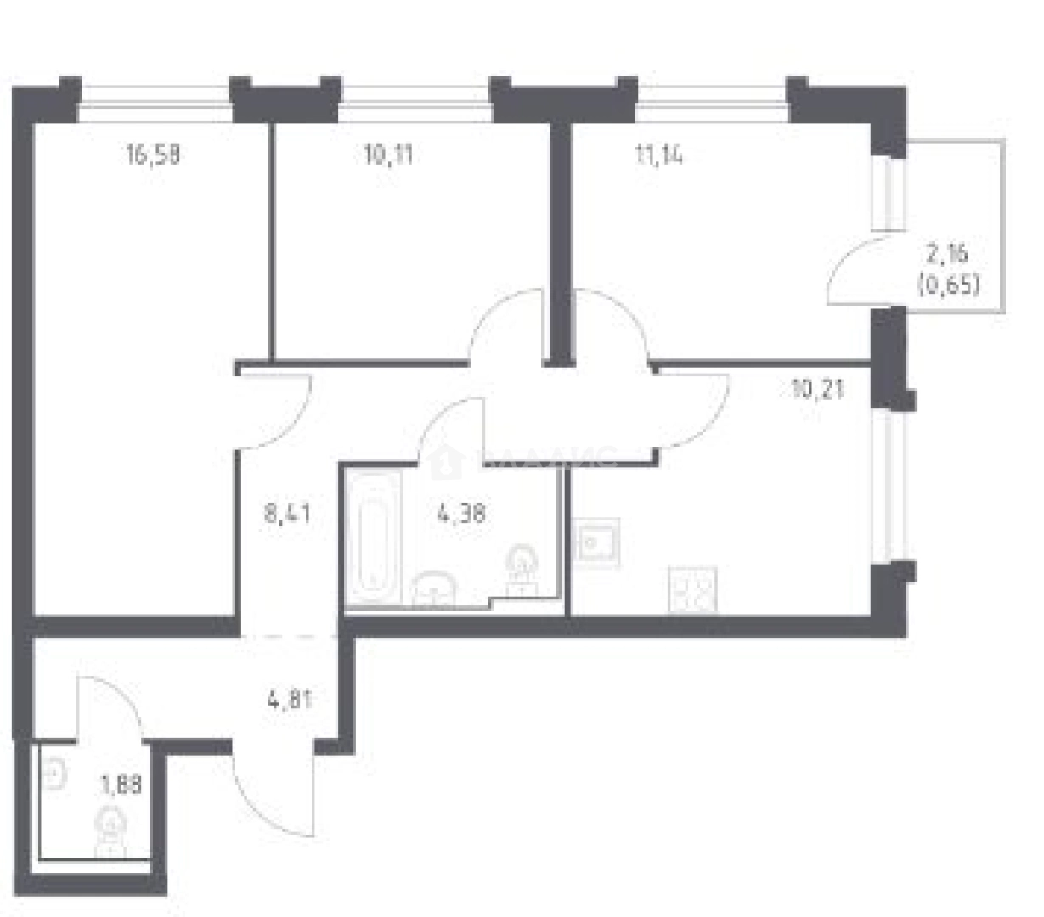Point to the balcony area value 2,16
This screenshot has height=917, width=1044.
tap(948, 254)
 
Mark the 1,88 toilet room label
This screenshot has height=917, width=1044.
tap(121, 785)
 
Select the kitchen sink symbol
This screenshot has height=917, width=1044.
tap(595, 540)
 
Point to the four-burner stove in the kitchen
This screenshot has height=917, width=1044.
tap(693, 588)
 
